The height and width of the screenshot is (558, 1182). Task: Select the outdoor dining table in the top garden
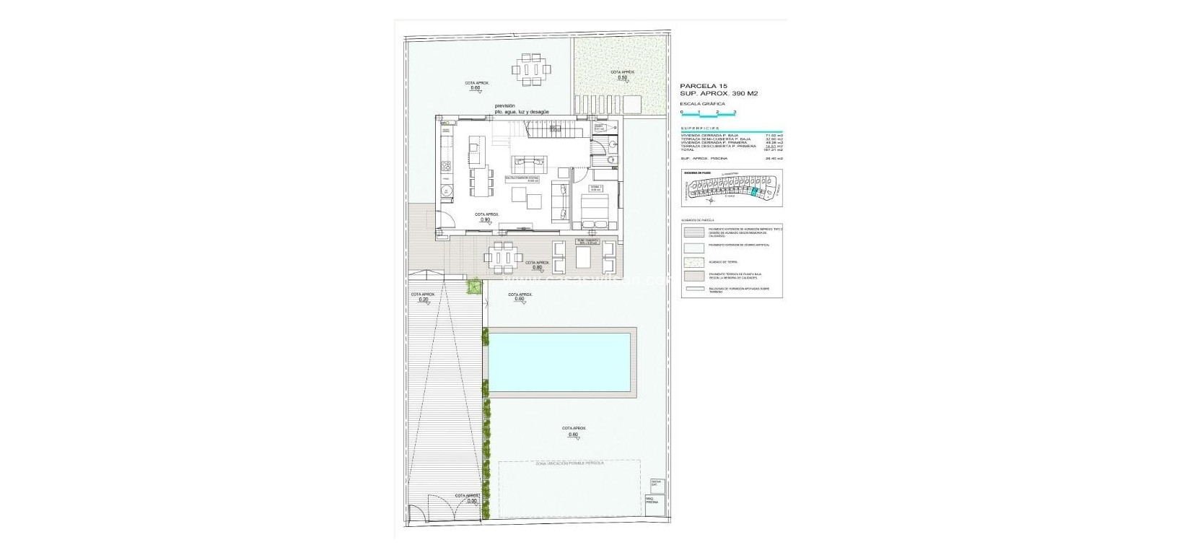tap(533, 70)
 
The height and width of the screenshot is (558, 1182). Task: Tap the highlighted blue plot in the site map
tap(755, 191)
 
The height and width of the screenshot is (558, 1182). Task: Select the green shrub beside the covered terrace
tap(474, 288)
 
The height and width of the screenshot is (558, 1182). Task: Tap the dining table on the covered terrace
tap(503, 257)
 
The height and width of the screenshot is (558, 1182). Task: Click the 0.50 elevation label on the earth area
tap(621, 77)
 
